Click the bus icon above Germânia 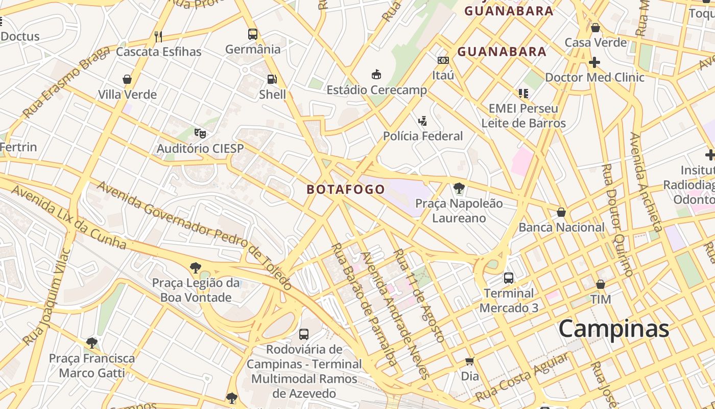click(252, 34)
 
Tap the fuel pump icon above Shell click(272, 79)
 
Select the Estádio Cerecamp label click(376, 90)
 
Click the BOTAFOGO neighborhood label click(346, 189)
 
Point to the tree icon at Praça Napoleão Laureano click(459, 188)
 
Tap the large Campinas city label click(613, 328)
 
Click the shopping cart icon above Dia click(469, 361)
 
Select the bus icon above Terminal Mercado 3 click(508, 278)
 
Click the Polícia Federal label click(423, 136)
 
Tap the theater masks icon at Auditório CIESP click(200, 133)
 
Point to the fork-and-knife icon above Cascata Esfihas click(158, 36)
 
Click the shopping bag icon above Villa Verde click(127, 79)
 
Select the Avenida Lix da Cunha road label click(68, 217)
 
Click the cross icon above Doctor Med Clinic click(594, 62)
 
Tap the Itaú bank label click(443, 75)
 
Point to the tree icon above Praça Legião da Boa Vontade click(195, 267)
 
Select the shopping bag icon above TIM click(601, 284)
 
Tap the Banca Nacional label click(561, 227)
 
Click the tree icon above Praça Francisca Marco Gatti click(92, 343)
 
